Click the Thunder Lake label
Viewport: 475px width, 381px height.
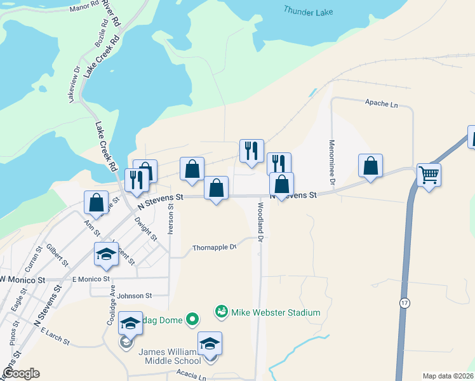pos(309,10)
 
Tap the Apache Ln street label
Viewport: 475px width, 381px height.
pos(381,103)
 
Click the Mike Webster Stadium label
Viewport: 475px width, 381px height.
pos(276,312)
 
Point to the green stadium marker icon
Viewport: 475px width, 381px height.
pos(222,311)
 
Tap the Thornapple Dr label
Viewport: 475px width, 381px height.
pos(215,247)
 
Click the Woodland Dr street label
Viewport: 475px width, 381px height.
pos(260,220)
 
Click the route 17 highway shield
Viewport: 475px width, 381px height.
pos(405,303)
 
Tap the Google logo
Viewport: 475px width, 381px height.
pos(20,373)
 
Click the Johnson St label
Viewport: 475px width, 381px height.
pos(135,295)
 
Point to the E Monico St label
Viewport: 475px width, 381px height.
pos(91,279)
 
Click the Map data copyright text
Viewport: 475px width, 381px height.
pos(448,376)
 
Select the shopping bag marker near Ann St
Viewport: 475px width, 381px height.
pos(96,203)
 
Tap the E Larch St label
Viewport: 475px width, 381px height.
pos(55,336)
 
